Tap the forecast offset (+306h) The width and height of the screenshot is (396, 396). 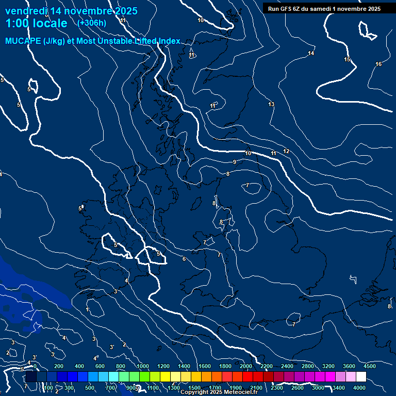(x=92, y=23)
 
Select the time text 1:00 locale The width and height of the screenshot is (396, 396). (x=36, y=23)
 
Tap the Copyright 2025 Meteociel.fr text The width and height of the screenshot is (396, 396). (x=219, y=392)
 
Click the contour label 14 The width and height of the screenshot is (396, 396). (x=311, y=54)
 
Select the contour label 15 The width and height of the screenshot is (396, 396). (x=347, y=60)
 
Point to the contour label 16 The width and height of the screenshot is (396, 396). (x=378, y=64)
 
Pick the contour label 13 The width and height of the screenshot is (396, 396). (x=271, y=105)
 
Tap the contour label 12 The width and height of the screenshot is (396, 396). (x=287, y=151)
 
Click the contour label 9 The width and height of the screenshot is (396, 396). (x=235, y=162)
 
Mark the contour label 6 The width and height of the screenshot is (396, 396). (x=184, y=259)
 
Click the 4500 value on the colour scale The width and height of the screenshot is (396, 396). (x=370, y=366)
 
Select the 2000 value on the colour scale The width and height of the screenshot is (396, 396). (x=246, y=366)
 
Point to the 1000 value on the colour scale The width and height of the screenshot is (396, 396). (x=143, y=366)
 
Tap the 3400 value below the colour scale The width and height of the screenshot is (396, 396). (x=339, y=388)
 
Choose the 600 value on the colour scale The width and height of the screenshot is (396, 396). (x=100, y=366)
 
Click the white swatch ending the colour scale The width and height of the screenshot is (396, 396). (x=361, y=377)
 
